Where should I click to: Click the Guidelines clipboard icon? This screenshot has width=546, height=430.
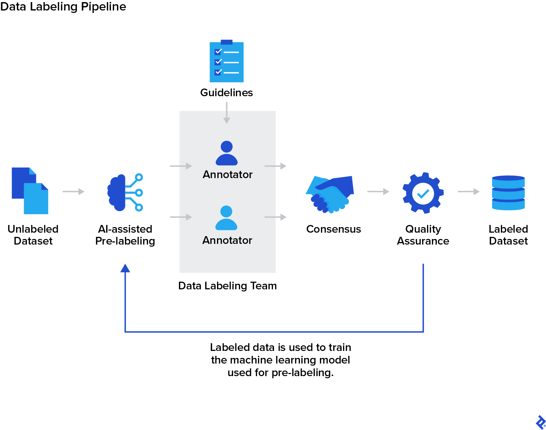226,62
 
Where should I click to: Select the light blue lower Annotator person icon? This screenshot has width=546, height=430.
226,218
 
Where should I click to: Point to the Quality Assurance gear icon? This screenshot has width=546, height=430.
423,193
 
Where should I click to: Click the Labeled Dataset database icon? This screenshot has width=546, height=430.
508,193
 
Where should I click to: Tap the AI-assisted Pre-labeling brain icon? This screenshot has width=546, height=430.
125,192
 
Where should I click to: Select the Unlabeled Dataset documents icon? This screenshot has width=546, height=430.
30,191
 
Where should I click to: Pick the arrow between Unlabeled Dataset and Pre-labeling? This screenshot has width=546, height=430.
73,191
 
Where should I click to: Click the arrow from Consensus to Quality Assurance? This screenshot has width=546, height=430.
378,191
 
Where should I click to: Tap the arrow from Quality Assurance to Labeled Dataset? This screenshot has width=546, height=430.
468,191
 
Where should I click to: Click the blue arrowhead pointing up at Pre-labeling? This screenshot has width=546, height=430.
125,268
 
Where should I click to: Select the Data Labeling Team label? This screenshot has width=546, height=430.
227,286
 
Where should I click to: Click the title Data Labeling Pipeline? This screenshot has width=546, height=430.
63,7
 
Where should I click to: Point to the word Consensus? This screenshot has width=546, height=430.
334,229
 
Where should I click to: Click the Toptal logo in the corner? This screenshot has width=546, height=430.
540,422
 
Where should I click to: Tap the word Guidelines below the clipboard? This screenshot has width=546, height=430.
226,93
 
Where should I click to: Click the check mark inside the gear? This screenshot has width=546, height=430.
423,193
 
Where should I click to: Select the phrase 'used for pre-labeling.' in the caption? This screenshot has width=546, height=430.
280,373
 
